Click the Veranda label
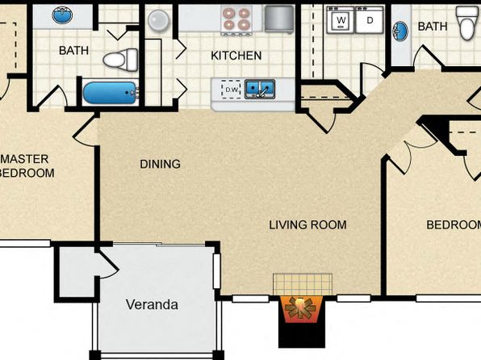click(x=152, y=304)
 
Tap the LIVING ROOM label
click(x=307, y=225)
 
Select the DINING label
click(x=160, y=164)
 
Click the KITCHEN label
click(x=236, y=56)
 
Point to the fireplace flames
click(x=301, y=309)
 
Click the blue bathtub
click(x=110, y=93)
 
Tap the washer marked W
click(x=341, y=20)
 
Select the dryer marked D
click(x=370, y=20)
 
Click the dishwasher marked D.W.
click(x=232, y=90)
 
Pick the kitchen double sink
click(x=260, y=89)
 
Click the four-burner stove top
click(x=236, y=19)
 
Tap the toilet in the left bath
click(x=120, y=60)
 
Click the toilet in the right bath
click(x=468, y=23)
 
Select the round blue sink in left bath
click(x=62, y=15)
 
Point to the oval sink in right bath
click(x=400, y=31)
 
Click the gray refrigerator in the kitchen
click(x=279, y=19)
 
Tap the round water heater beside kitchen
click(x=159, y=20)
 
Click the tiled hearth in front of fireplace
click(x=303, y=284)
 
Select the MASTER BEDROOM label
click(x=25, y=166)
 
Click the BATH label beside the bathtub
click(x=73, y=50)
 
